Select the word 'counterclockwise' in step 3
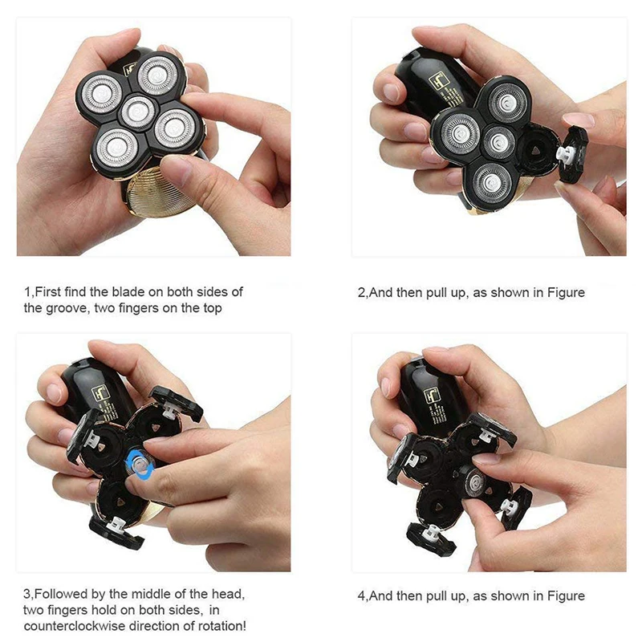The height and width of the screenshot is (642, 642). point(75,626)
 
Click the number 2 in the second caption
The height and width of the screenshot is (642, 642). point(361,293)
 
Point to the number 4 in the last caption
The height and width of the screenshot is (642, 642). point(361,596)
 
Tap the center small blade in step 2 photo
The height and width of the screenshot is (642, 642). point(498,142)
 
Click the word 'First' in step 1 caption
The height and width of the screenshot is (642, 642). point(48,292)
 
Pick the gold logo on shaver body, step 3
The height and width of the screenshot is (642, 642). point(100,393)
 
